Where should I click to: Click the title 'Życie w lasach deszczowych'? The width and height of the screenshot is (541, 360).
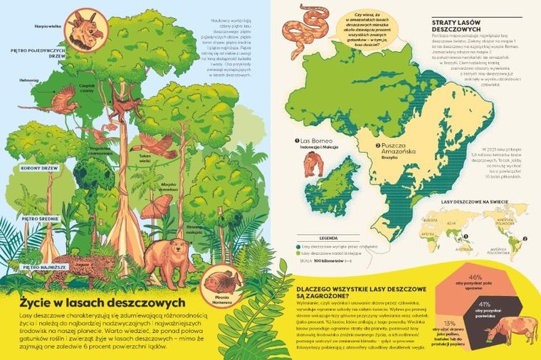[103, 301]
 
